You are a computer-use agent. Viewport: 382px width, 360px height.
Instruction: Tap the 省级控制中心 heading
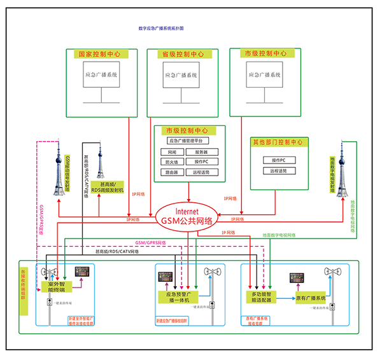183,54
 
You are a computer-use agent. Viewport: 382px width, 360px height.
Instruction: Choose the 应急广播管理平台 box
189,141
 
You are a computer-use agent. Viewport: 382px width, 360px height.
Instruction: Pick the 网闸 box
172,152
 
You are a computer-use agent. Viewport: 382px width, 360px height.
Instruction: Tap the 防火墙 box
172,162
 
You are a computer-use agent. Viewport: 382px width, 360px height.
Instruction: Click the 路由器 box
172,172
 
